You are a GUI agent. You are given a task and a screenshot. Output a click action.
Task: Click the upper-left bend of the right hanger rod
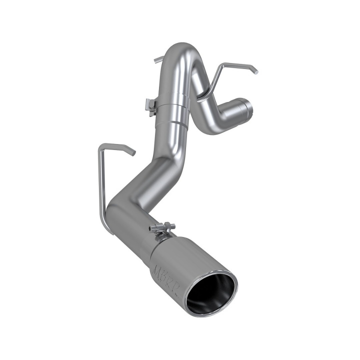click(x=223, y=65)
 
